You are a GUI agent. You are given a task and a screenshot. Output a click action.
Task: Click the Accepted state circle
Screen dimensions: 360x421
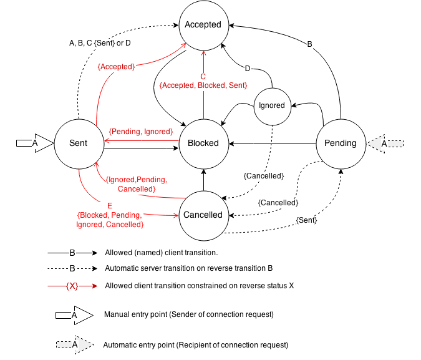tap(203, 25)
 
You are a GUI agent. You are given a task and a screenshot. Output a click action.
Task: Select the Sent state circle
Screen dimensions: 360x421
tap(79, 143)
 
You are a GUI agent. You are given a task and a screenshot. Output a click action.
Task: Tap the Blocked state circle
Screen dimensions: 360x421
tap(203, 143)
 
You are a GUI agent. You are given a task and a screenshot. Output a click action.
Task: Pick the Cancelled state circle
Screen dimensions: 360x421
tap(203, 215)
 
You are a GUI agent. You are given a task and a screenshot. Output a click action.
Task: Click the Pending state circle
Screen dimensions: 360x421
tap(341, 143)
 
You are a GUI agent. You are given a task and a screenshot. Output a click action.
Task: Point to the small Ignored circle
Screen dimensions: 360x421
tap(272, 105)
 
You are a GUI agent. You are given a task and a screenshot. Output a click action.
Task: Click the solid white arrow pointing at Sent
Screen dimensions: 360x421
tap(36, 144)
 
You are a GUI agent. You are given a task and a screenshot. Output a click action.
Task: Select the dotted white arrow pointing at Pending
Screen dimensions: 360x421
tap(385, 144)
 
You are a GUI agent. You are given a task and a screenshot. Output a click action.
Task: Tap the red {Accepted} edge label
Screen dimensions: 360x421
tap(117, 67)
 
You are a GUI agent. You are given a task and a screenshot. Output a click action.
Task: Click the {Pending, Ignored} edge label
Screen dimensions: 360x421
tap(141, 132)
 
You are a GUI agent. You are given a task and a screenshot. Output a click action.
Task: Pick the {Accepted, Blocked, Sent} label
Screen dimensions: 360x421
tap(203, 85)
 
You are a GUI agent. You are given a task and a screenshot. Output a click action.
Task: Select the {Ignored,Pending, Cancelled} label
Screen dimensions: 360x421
tap(137, 184)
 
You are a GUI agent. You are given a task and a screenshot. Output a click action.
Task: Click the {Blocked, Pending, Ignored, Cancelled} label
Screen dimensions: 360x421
tap(110, 220)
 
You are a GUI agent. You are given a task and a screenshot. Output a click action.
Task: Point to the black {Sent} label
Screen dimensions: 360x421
tap(306, 220)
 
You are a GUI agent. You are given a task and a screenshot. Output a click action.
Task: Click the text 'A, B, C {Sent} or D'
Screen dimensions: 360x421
tap(100, 43)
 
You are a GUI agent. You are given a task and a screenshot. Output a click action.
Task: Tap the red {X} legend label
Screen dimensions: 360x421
tap(72, 286)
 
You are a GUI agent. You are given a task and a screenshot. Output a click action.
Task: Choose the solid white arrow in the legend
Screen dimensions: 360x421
tap(74, 316)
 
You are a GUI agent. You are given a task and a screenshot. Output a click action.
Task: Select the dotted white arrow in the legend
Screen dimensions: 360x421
tap(74, 344)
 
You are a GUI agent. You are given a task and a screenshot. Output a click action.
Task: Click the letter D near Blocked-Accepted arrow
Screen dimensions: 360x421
tap(248, 69)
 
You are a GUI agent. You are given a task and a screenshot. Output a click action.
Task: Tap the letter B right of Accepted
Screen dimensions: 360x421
tap(310, 44)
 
